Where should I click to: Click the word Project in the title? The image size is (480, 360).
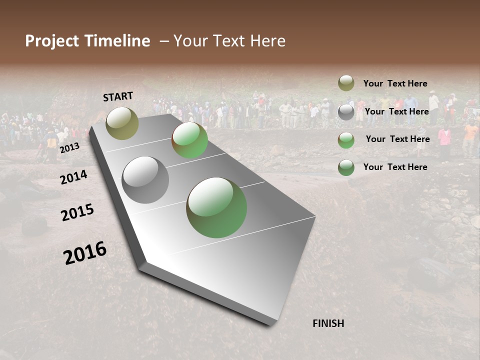(x=50, y=41)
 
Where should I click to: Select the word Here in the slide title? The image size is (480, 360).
(x=267, y=41)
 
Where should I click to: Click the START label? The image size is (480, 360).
(x=118, y=96)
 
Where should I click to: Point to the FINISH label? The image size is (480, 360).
(x=328, y=323)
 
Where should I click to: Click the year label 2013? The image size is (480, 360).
(x=69, y=148)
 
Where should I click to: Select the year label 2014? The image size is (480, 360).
(x=73, y=177)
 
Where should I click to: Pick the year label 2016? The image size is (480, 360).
(x=85, y=252)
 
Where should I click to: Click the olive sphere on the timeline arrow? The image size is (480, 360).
(x=122, y=123)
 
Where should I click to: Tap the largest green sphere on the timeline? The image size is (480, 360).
(x=216, y=207)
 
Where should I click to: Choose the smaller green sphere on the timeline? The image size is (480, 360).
(x=189, y=140)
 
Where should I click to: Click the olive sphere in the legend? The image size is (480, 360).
(x=346, y=83)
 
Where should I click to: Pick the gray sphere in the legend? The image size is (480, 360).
(x=346, y=112)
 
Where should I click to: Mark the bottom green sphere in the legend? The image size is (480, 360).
(x=346, y=167)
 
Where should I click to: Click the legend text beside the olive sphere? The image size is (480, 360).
(x=395, y=83)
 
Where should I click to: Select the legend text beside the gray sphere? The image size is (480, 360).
(x=397, y=111)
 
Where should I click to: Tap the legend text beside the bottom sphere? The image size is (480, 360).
(x=395, y=167)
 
